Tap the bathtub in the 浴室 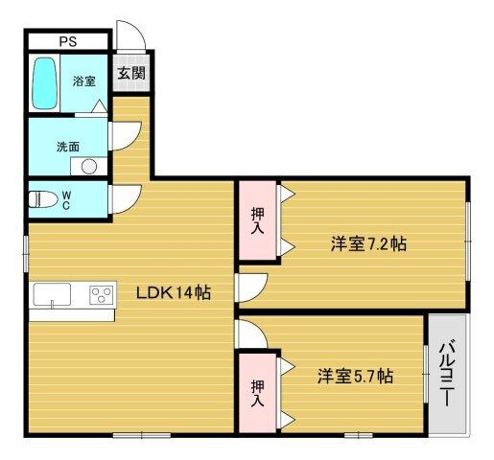(44, 84)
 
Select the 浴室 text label (83, 82)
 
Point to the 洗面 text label (66, 148)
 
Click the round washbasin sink (89, 166)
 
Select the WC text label (66, 199)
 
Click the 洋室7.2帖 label (368, 243)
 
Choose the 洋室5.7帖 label (354, 377)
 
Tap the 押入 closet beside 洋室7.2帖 (258, 220)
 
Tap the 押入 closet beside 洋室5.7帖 (258, 391)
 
